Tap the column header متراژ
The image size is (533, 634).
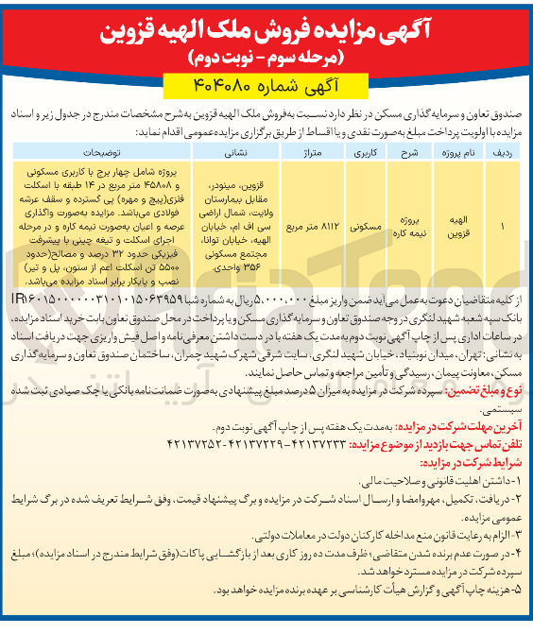coord(313,150)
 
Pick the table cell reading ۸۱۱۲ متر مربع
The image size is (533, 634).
coord(313,228)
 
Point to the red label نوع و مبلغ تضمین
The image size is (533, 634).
coord(482,386)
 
